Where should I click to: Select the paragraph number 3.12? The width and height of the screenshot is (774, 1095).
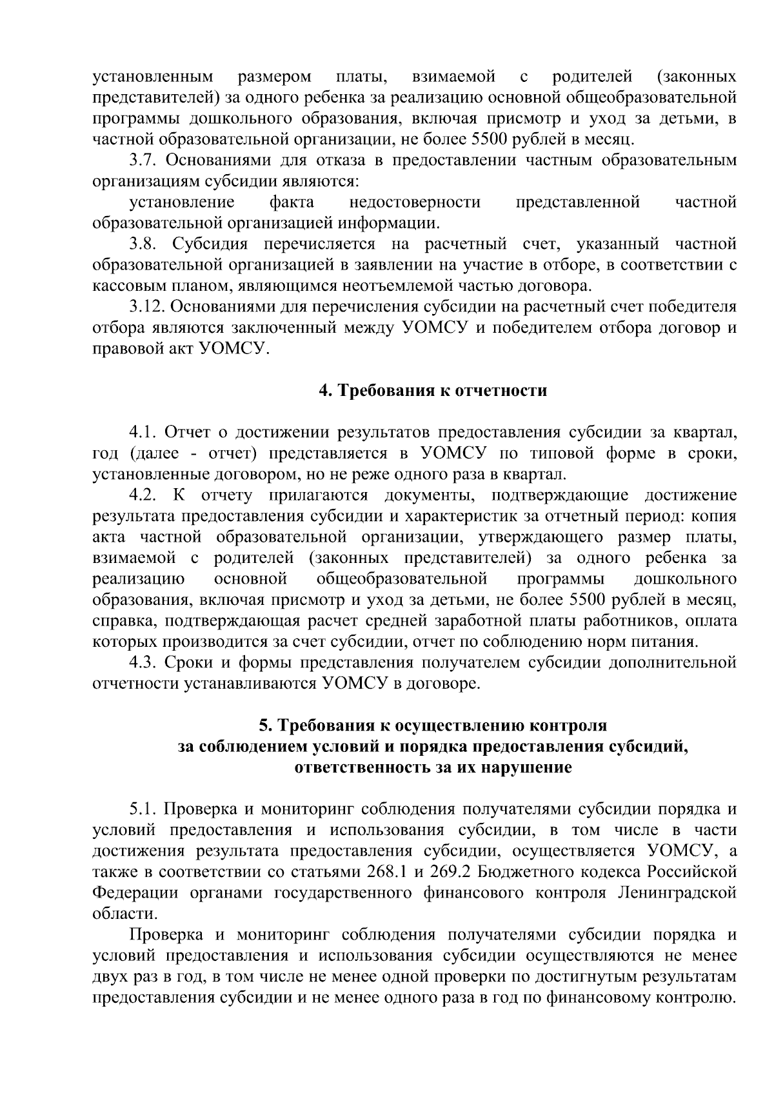145,307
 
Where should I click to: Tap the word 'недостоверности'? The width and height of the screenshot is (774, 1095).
415,202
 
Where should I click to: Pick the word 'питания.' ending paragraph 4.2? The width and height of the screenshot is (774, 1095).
667,642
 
